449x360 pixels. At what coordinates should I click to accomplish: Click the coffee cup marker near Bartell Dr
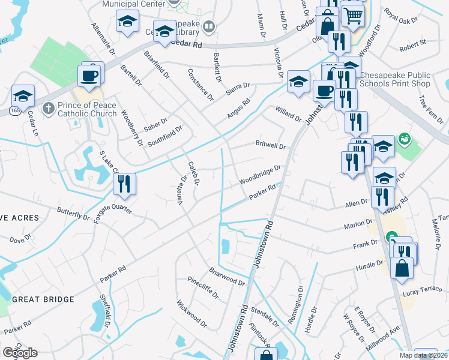pos(89,76)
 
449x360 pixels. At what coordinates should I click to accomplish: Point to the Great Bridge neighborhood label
pos(43,299)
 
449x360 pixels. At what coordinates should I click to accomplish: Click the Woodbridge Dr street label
pos(260,175)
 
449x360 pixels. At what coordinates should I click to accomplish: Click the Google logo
pos(20,353)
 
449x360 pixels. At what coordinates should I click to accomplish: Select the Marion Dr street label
pos(359,224)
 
